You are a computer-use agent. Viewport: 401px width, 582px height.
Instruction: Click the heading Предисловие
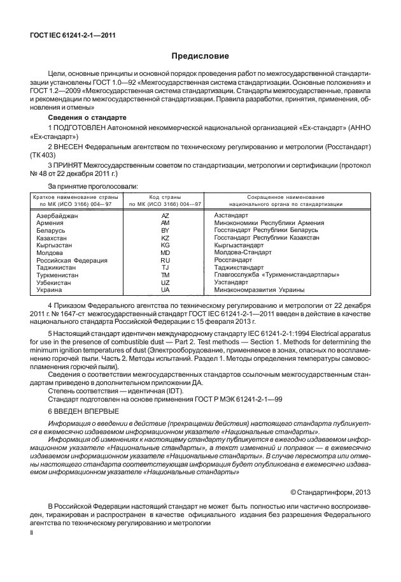(x=200, y=57)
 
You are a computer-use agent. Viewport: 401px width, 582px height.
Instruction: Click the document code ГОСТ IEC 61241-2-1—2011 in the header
(x=68, y=36)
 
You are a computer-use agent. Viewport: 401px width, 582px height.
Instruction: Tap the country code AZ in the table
(x=165, y=215)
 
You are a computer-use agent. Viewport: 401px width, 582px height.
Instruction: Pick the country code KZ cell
(x=165, y=238)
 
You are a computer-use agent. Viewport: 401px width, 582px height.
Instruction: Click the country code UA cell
(x=165, y=289)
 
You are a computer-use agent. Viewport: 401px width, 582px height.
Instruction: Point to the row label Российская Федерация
(x=71, y=260)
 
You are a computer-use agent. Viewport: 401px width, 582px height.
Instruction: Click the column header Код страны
(x=165, y=197)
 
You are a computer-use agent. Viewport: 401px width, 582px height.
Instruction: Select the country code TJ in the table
(x=165, y=268)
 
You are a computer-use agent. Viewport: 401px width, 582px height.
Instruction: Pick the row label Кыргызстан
(x=54, y=245)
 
